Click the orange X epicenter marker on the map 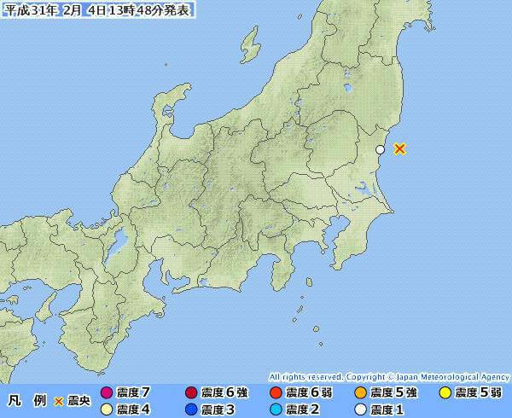(399, 148)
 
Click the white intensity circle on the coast (381, 149)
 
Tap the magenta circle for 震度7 (107, 393)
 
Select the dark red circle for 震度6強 (191, 393)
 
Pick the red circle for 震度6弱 (276, 393)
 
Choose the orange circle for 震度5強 (360, 393)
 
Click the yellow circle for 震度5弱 (445, 393)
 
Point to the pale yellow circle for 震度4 (107, 409)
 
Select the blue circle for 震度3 (191, 409)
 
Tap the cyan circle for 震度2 (276, 409)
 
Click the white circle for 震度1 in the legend (360, 409)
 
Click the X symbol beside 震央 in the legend (59, 401)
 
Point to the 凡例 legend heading (27, 401)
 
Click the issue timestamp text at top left (98, 10)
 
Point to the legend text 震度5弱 (478, 393)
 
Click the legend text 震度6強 (224, 393)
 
